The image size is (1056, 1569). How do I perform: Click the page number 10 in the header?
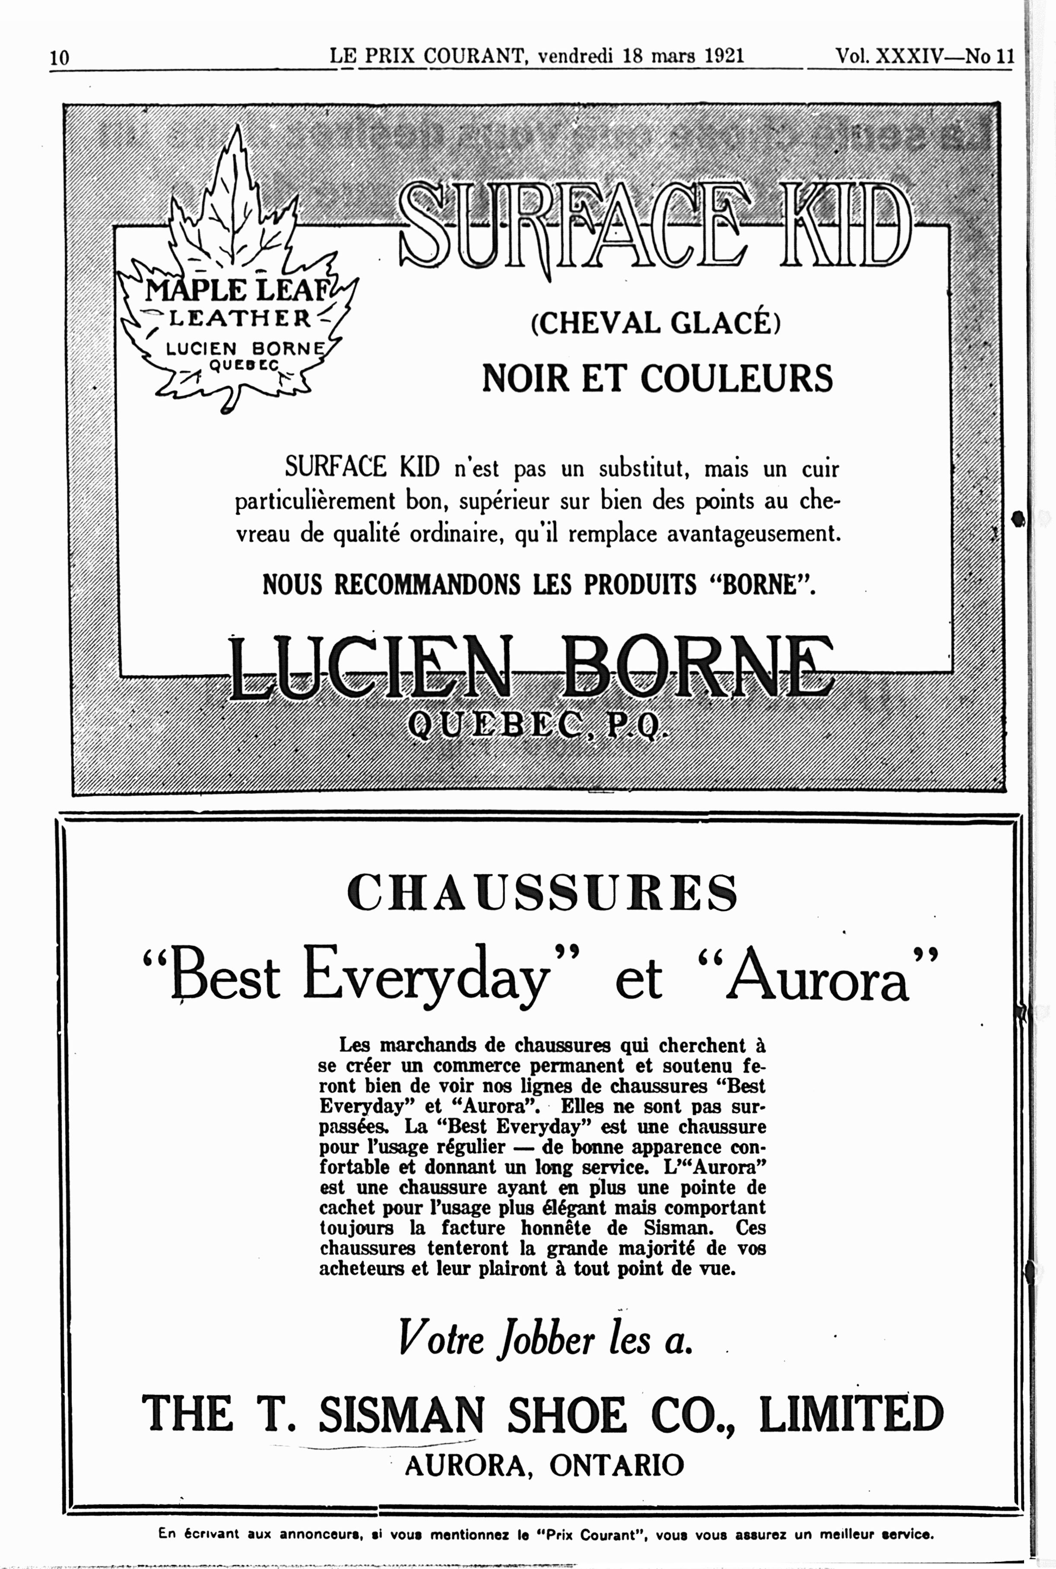click(x=59, y=58)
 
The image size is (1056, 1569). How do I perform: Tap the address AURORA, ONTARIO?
click(x=544, y=1464)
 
